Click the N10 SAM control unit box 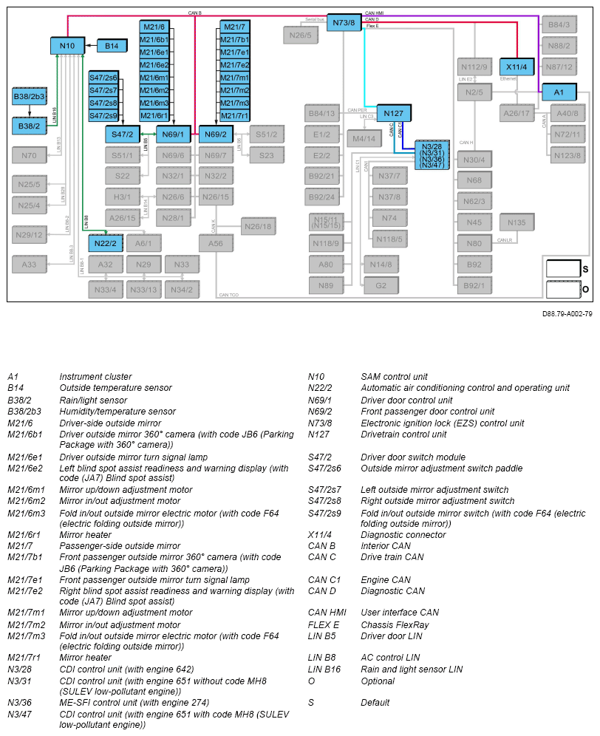[x=67, y=47]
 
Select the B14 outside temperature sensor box [x=112, y=47]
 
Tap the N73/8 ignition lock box [x=344, y=23]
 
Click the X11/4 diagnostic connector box [x=517, y=67]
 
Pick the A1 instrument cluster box [x=559, y=92]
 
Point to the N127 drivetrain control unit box [x=393, y=113]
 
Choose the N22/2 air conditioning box [x=105, y=243]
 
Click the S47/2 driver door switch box [x=122, y=134]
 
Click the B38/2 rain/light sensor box [x=29, y=127]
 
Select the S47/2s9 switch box [x=103, y=116]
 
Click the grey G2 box [x=381, y=285]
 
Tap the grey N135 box [x=517, y=222]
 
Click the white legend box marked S [x=563, y=268]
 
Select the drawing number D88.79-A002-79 [x=567, y=313]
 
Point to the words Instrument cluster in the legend [x=95, y=377]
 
